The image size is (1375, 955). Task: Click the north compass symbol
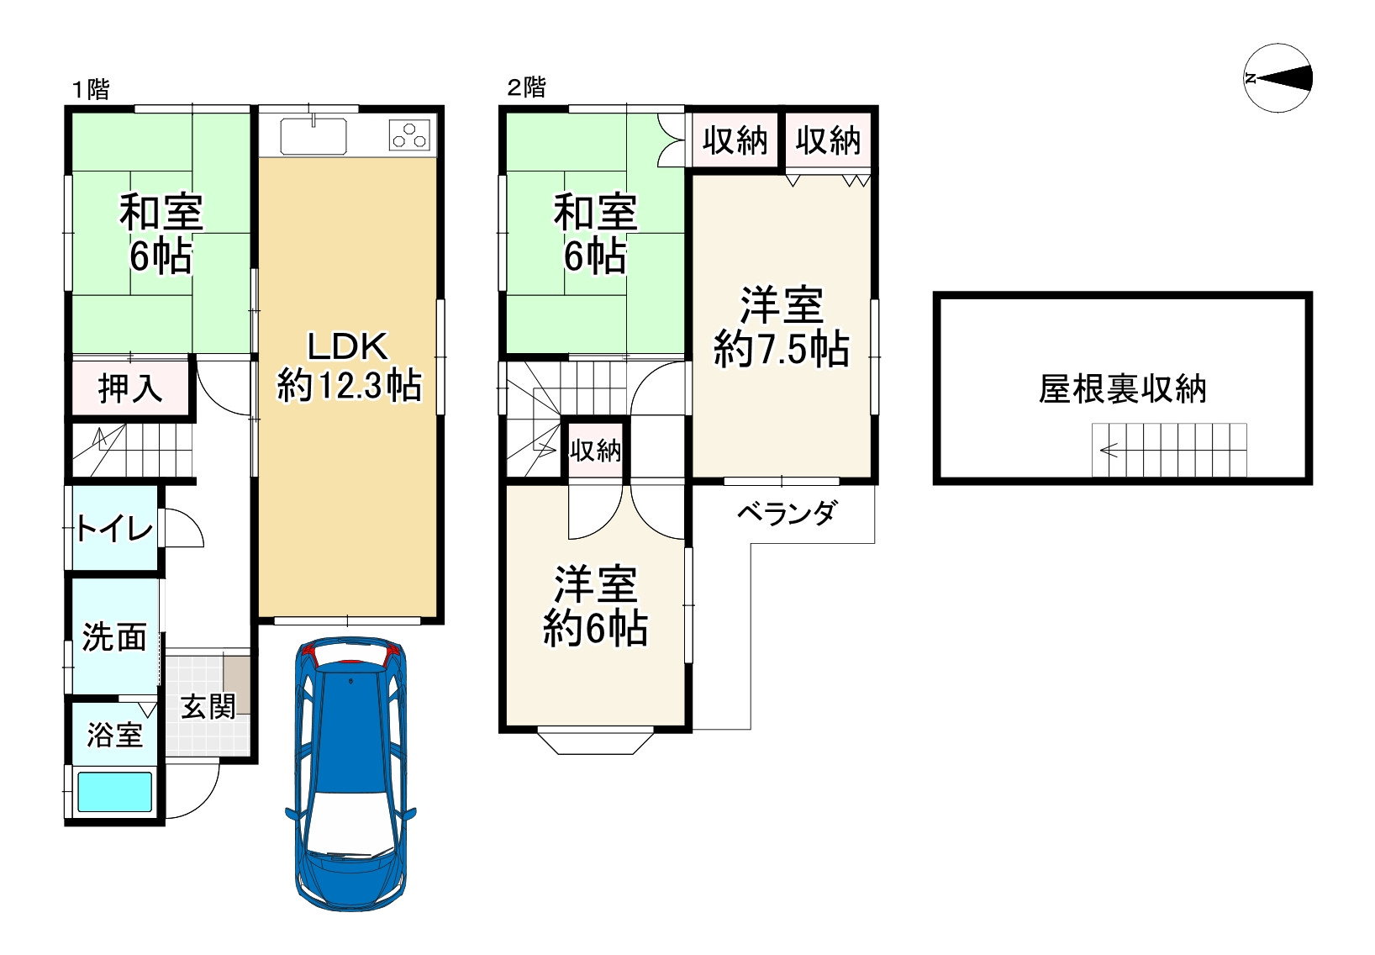click(x=1278, y=78)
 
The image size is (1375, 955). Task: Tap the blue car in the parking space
click(x=350, y=773)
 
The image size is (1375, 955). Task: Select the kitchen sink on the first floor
click(x=313, y=135)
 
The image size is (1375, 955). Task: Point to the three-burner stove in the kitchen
click(x=409, y=135)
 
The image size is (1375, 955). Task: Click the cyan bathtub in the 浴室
click(x=115, y=792)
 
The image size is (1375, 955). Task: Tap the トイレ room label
click(x=114, y=529)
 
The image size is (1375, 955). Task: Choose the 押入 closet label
click(x=130, y=388)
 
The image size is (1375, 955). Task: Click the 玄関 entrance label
click(x=208, y=707)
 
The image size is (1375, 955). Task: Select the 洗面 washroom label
click(x=115, y=637)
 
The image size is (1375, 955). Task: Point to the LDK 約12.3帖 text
click(x=349, y=366)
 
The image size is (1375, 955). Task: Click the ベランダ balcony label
click(x=787, y=513)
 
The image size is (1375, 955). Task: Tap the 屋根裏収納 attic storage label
click(x=1122, y=388)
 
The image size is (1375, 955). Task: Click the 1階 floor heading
click(x=92, y=90)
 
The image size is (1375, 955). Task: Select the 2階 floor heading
click(x=527, y=87)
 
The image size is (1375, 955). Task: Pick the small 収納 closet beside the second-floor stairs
click(x=595, y=450)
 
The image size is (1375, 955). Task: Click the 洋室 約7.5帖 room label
click(x=782, y=327)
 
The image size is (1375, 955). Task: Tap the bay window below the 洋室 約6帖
click(x=595, y=742)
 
